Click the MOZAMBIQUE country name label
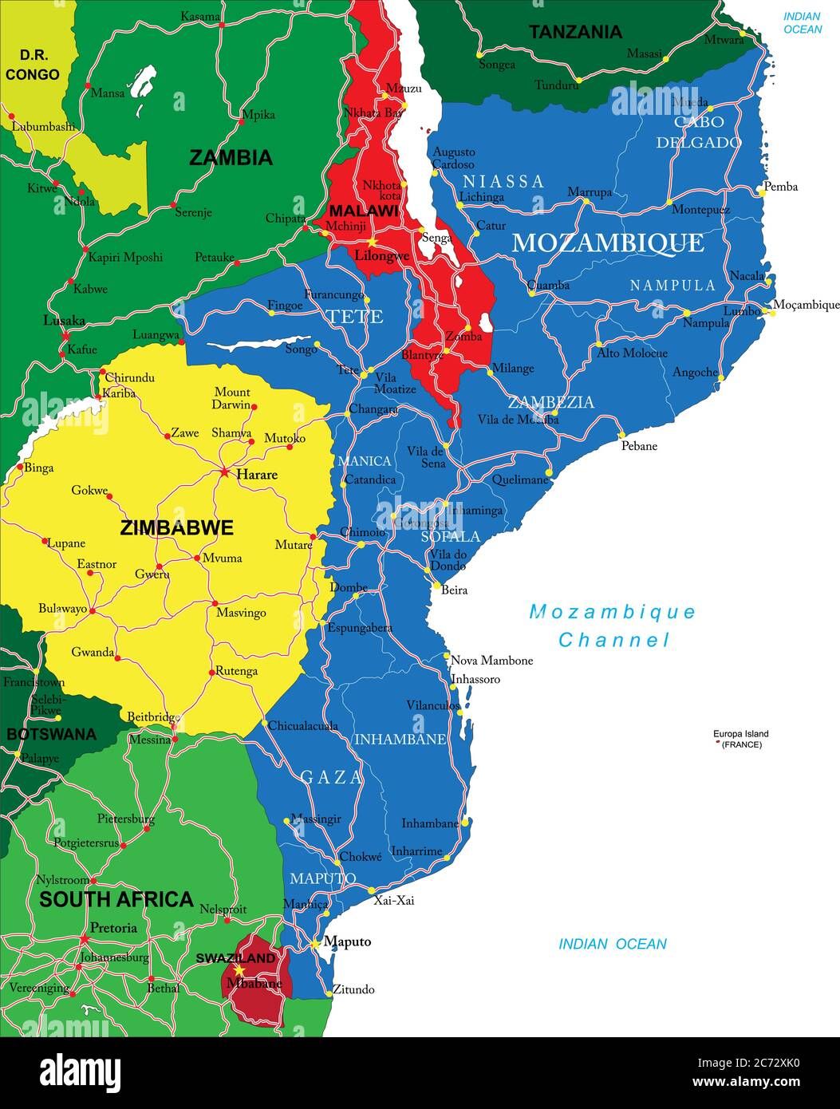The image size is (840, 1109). click(x=607, y=243)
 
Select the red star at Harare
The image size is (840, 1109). click(x=224, y=472)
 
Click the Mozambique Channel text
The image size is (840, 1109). click(x=613, y=626)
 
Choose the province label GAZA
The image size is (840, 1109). click(x=331, y=777)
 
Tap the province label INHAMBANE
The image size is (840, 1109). click(x=400, y=740)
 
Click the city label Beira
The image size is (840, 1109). click(x=454, y=590)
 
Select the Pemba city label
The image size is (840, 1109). click(x=780, y=187)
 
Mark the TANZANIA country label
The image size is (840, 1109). click(x=575, y=32)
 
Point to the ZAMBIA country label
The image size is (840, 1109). click(x=231, y=158)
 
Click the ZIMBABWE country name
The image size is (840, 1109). click(x=176, y=527)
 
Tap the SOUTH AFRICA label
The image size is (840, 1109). click(x=116, y=899)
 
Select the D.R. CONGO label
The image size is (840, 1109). click(x=33, y=65)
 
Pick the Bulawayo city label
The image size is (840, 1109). click(x=63, y=609)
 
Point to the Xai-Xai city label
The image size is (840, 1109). click(x=394, y=900)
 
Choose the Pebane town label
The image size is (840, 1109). click(x=639, y=446)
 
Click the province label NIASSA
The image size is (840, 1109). click(x=503, y=182)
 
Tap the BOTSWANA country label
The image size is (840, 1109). click(x=52, y=734)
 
